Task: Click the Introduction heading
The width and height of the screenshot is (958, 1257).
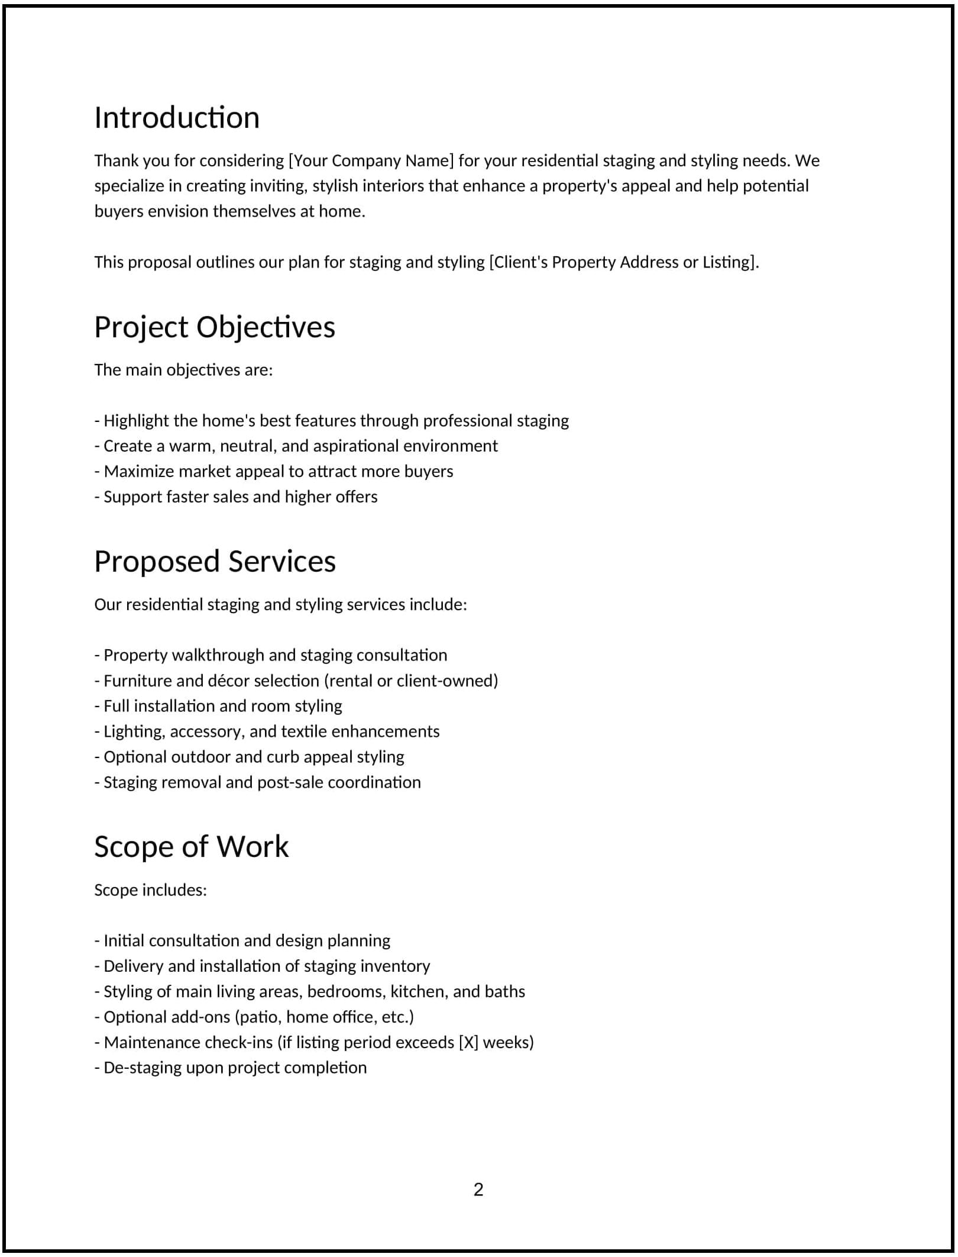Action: coord(177,117)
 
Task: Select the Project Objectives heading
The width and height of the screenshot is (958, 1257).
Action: coord(215,327)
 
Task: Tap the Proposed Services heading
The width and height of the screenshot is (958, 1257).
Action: coord(215,561)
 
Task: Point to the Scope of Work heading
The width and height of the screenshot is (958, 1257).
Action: coord(191,846)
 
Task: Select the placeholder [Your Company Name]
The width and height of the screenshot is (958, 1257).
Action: coord(371,160)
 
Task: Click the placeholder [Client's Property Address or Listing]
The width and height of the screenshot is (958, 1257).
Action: coord(624,262)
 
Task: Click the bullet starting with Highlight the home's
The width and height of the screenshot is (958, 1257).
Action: coord(332,421)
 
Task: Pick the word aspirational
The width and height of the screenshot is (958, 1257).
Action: coord(356,446)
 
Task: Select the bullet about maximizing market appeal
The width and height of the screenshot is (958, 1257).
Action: coord(274,471)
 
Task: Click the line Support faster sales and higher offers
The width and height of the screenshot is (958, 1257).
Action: coord(236,497)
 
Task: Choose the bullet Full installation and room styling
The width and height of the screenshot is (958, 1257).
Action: coord(218,706)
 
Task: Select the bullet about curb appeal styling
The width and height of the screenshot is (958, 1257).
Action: coord(249,757)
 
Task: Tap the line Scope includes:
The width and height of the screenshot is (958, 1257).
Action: coord(151,890)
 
